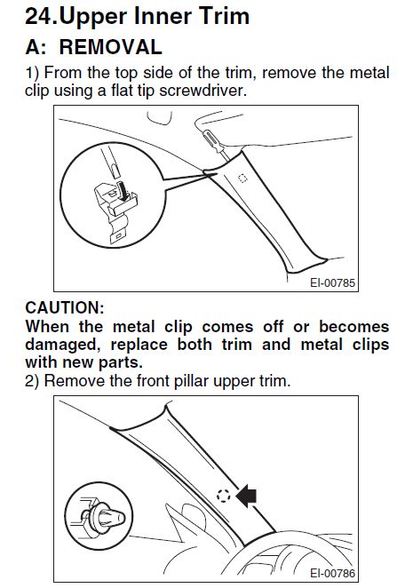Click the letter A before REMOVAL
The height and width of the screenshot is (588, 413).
point(23,47)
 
